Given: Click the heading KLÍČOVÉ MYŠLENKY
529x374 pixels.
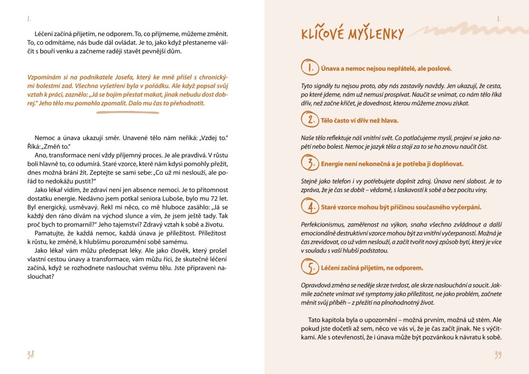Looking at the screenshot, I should tap(352, 34).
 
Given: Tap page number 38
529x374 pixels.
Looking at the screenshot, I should tap(30, 355).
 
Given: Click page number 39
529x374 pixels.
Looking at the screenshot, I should tap(497, 355).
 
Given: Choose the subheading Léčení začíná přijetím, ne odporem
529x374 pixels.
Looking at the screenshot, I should tap(371, 268).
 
